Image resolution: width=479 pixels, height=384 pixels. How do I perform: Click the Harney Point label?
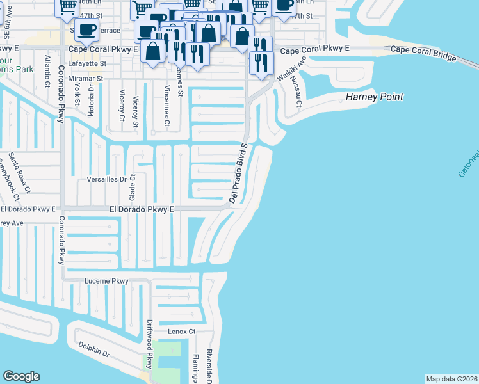(x=375, y=97)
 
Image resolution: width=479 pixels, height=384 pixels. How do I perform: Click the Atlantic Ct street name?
(x=47, y=70)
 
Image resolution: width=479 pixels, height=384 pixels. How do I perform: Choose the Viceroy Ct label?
(x=122, y=108)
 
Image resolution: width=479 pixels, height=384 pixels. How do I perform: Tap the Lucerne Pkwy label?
(x=106, y=281)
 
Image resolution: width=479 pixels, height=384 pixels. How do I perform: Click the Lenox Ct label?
(x=181, y=332)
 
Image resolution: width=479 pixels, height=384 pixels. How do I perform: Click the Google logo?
(x=21, y=376)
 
